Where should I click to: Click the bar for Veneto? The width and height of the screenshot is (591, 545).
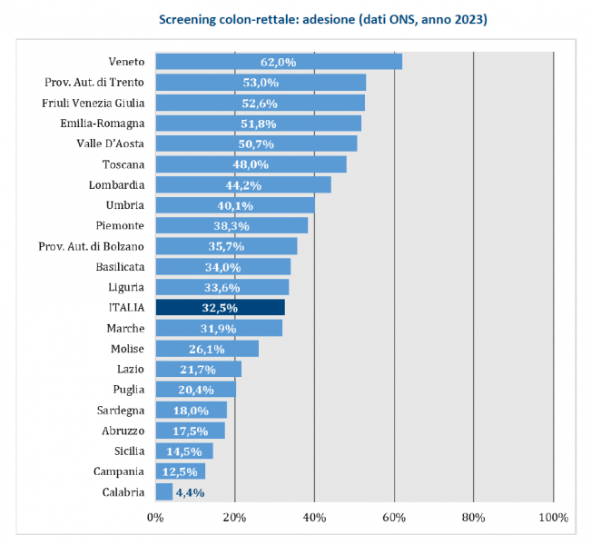(279, 62)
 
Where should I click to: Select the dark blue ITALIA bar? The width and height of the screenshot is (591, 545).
(220, 307)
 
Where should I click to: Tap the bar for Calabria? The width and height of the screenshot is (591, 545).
(163, 491)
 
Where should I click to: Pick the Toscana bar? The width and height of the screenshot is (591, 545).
(251, 164)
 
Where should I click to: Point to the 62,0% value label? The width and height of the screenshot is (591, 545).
(279, 62)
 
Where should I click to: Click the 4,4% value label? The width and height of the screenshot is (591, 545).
(189, 491)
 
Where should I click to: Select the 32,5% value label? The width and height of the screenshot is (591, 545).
(220, 307)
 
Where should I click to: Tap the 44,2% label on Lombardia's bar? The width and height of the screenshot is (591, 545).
(243, 184)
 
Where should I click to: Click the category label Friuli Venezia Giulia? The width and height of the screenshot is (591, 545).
(93, 103)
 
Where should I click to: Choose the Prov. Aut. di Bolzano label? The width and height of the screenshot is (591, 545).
(92, 246)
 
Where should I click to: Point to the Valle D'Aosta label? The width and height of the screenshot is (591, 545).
(111, 144)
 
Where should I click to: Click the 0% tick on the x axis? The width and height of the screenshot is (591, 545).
(155, 517)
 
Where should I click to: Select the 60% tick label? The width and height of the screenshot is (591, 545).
(394, 517)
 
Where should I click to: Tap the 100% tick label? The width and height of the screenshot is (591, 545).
(552, 517)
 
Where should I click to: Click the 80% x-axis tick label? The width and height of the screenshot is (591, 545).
(474, 517)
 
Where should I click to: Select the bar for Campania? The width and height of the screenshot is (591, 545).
(180, 471)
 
